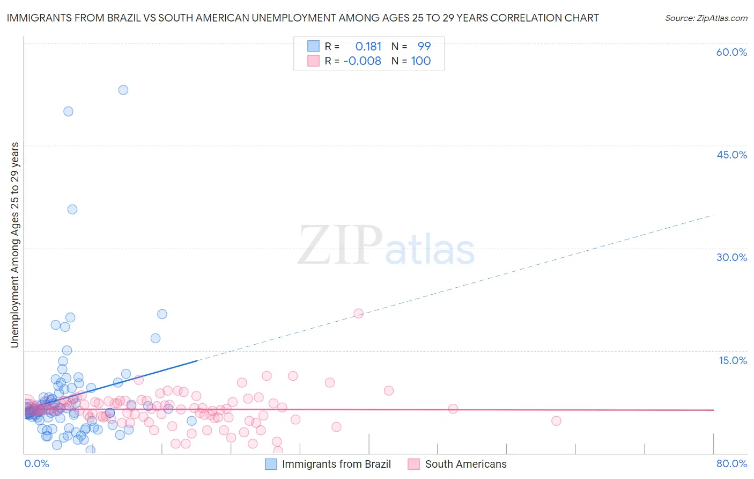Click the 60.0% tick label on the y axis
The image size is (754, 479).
pos(731,52)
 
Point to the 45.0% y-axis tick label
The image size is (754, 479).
pos(731,155)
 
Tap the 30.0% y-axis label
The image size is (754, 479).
pos(731,257)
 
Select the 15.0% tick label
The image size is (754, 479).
pos(733,360)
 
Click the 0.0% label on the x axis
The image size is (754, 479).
pos(37,463)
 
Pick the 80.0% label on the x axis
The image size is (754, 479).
pos(731,463)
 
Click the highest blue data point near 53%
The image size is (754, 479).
pos(123,90)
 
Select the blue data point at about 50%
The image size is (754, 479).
pos(68,111)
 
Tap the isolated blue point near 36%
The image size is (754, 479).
pos(72,209)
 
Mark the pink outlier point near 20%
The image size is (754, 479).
pos(359,313)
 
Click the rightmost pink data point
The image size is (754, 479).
pos(556,420)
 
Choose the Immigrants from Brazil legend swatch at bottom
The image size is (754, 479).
pos(271,464)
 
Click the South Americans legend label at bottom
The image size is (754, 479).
pos(465,464)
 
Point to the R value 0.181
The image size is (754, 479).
pos(368,46)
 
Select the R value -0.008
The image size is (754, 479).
pos(362,61)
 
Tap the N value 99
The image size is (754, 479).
pos(424,46)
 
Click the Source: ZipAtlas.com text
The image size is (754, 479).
pos(706,18)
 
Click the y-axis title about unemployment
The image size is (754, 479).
pos(14,244)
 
